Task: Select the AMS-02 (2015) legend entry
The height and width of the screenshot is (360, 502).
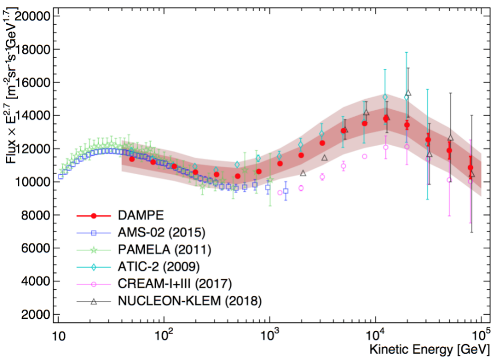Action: coord(161,232)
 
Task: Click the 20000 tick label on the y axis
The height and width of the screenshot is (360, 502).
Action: coord(32,16)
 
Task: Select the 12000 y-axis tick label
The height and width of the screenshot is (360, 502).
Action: coord(32,149)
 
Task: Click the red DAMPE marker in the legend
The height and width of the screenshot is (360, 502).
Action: coord(93,215)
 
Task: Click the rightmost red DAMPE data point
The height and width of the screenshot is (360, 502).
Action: coord(470,168)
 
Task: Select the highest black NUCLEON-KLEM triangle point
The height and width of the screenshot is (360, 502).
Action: coord(408,93)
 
